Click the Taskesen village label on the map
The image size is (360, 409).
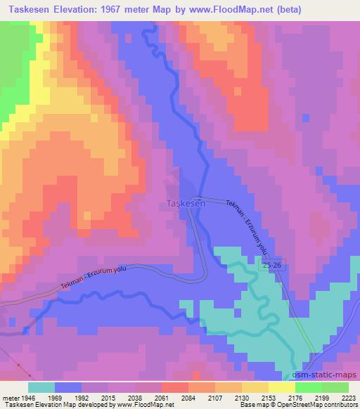[186, 203]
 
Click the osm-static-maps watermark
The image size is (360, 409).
[331, 375]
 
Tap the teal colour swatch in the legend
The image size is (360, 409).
[41, 387]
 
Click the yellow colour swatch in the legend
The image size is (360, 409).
[281, 387]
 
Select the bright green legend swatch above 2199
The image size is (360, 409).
[308, 387]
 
